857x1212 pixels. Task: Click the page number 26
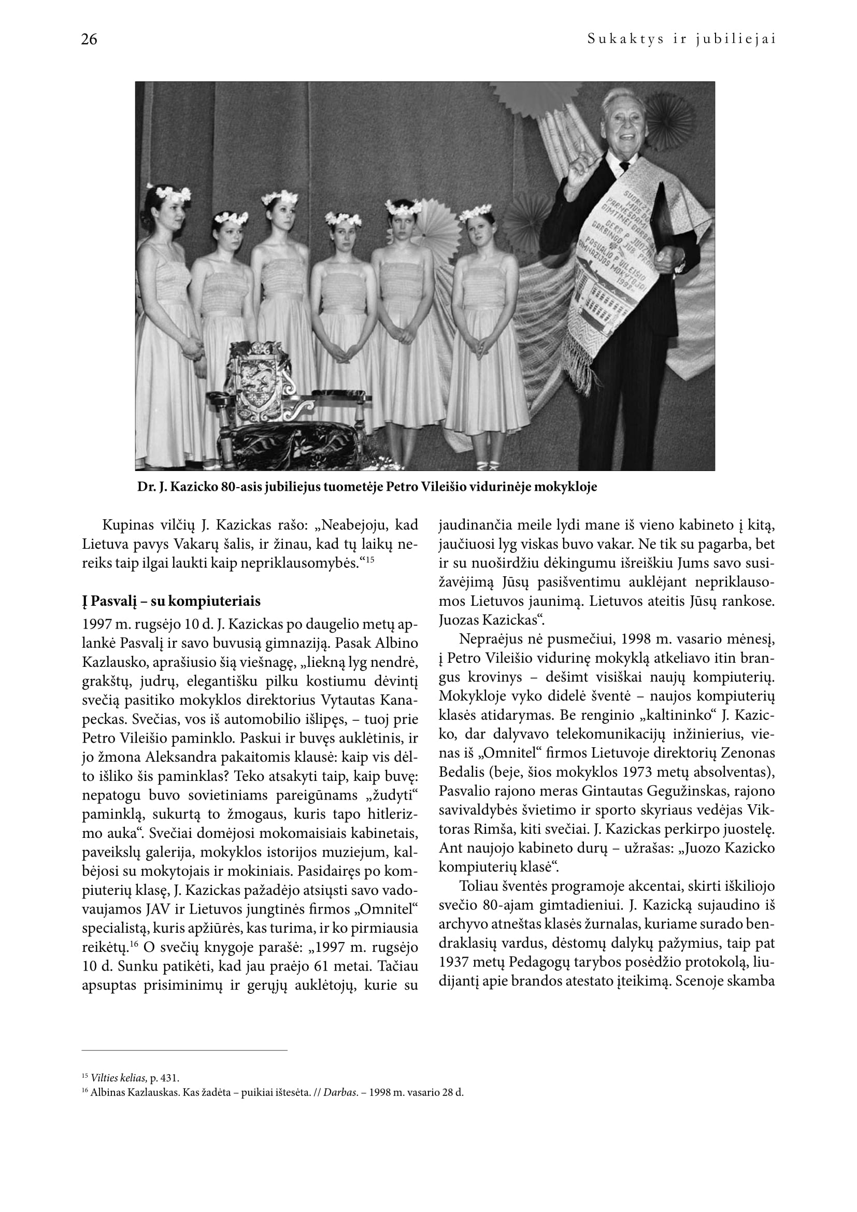pyautogui.click(x=89, y=39)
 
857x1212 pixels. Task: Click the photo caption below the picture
pyautogui.click(x=367, y=487)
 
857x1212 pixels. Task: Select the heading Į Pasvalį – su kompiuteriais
pyautogui.click(x=171, y=601)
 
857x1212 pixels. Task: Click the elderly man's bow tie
pyautogui.click(x=624, y=165)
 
